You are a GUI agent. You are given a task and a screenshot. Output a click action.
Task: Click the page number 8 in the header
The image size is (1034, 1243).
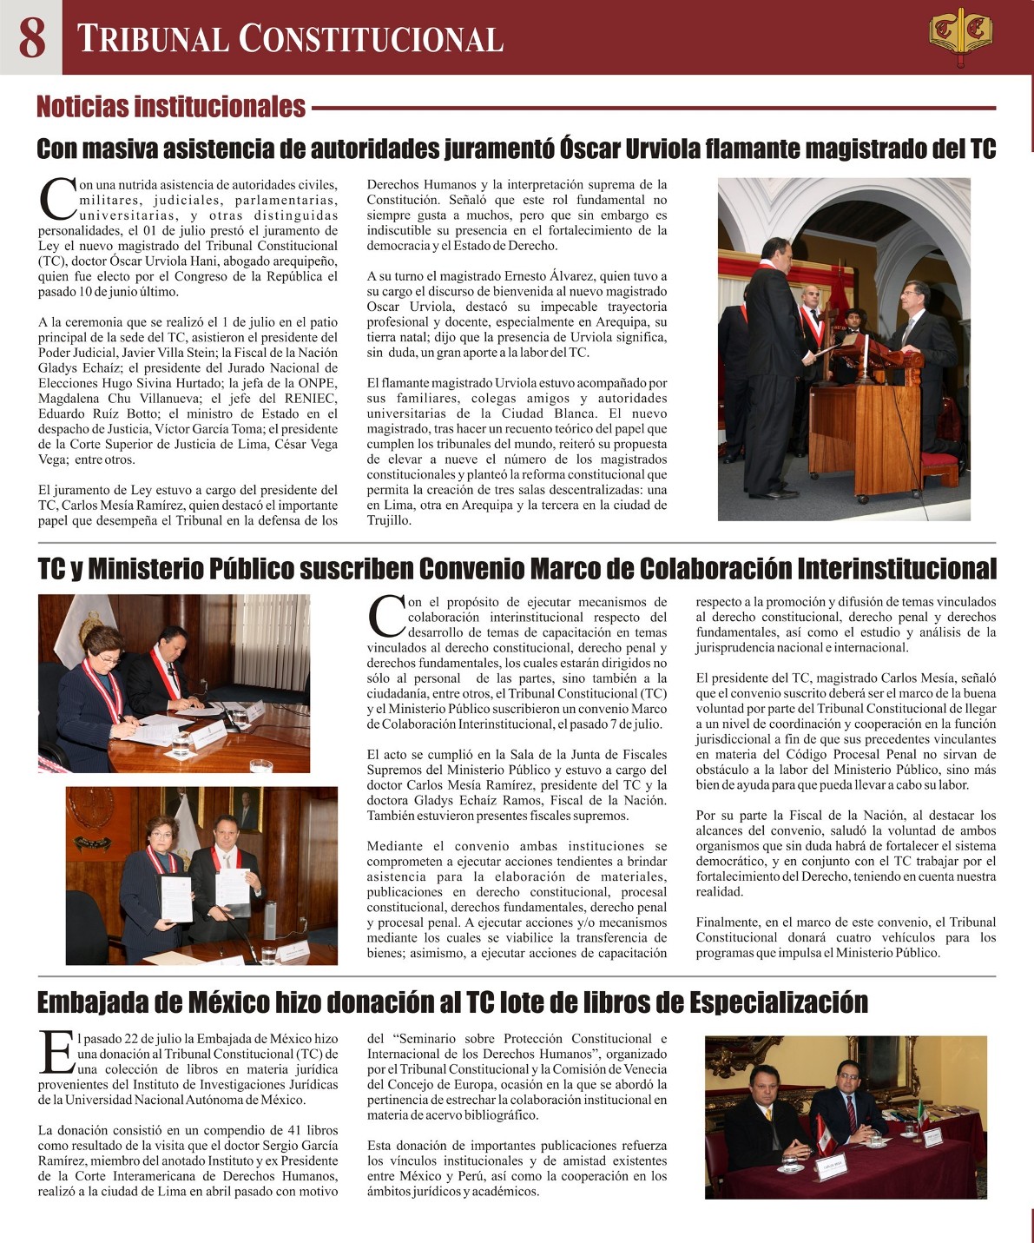(31, 37)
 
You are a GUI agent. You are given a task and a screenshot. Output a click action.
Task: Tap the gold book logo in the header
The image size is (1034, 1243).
(960, 36)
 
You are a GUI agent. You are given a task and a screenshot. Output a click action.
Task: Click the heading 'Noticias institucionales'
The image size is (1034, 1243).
(171, 107)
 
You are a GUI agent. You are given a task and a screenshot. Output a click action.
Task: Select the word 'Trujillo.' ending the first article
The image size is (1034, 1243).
(389, 521)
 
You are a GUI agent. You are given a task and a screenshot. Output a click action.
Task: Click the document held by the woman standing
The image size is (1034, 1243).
(176, 897)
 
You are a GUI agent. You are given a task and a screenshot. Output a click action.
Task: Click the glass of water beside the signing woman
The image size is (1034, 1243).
(181, 744)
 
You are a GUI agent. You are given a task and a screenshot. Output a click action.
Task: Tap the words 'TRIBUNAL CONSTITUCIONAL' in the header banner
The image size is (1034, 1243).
(290, 39)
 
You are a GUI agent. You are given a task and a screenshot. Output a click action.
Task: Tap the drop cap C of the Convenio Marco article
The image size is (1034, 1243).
(385, 616)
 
